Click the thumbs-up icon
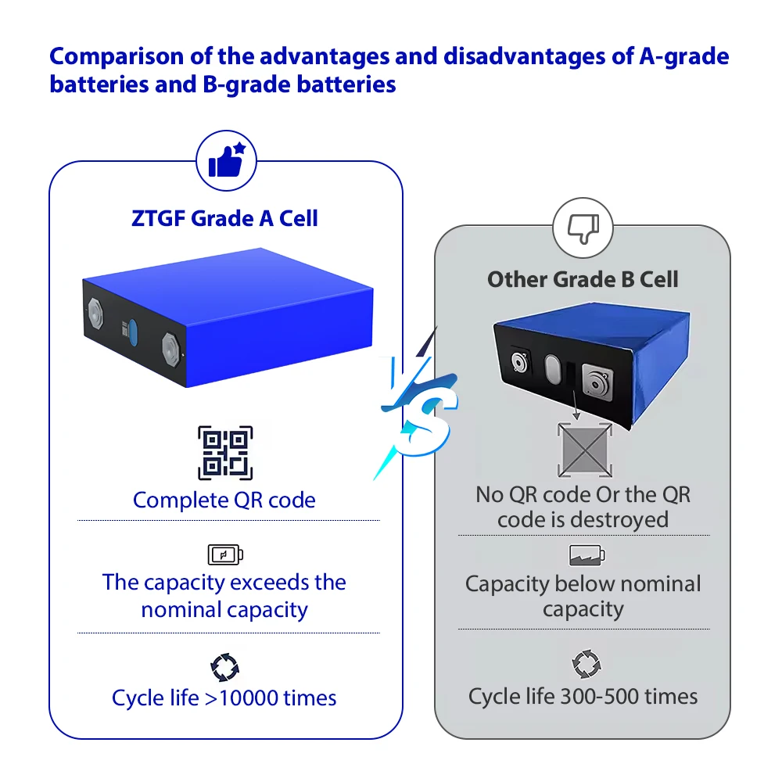click(x=226, y=162)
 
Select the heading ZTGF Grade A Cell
click(x=225, y=218)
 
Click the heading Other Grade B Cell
click(x=583, y=279)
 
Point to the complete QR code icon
click(x=225, y=453)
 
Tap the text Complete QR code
click(x=224, y=500)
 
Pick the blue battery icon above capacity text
click(x=225, y=555)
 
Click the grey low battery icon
click(x=586, y=556)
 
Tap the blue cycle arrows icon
click(x=224, y=667)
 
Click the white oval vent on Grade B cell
click(x=553, y=368)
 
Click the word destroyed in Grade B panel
click(x=619, y=520)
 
